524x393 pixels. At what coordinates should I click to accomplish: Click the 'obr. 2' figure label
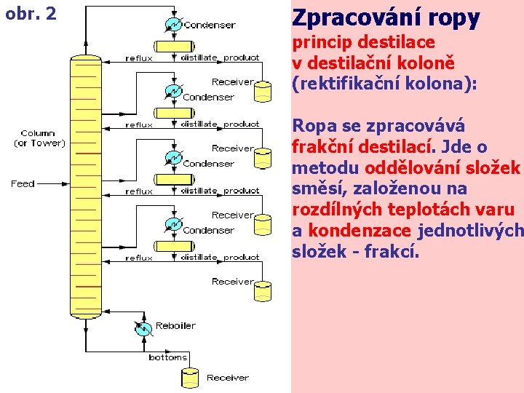click(31, 13)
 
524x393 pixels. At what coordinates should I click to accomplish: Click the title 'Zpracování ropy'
click(386, 17)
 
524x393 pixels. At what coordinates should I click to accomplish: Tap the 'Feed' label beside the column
click(23, 184)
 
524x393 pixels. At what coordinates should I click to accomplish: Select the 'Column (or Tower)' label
click(39, 138)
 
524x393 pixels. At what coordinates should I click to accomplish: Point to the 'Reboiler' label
click(175, 325)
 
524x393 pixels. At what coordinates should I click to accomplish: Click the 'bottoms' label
click(167, 357)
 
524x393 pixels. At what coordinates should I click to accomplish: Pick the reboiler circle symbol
click(143, 328)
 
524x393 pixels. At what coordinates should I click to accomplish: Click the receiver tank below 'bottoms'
click(190, 377)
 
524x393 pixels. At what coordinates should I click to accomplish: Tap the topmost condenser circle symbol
click(173, 24)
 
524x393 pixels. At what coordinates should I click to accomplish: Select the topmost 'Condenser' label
click(210, 25)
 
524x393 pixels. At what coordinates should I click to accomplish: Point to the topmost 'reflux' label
click(139, 58)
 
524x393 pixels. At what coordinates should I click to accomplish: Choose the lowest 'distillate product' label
click(220, 257)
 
